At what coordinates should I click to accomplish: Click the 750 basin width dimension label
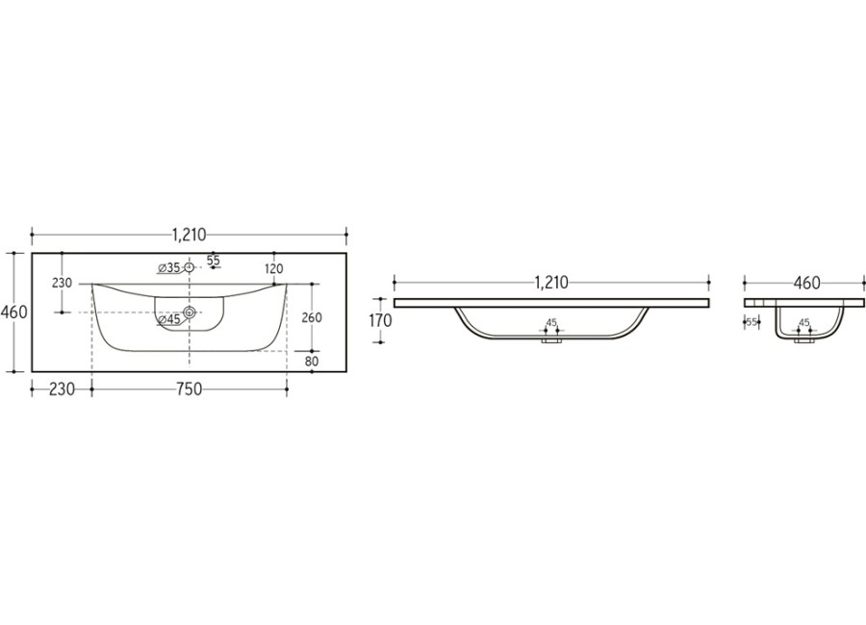pos(189,389)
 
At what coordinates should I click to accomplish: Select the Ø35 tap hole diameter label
pos(169,267)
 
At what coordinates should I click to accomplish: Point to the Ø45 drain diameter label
pos(169,319)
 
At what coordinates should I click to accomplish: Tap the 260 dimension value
pos(312,317)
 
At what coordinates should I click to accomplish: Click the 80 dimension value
pos(312,362)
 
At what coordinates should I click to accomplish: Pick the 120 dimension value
pos(274,269)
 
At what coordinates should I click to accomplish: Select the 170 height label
pos(380,321)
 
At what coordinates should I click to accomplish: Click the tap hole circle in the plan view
pos(190,267)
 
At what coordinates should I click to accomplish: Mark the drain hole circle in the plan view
pos(190,312)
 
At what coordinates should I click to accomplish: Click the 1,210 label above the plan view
pos(189,236)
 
